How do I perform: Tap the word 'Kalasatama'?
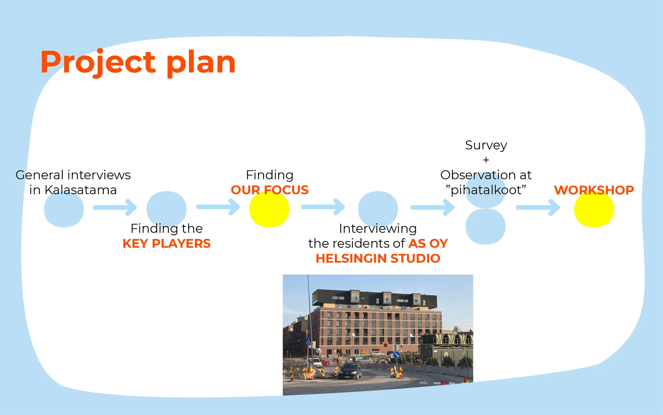click(x=81, y=190)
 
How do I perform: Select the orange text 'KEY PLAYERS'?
click(x=166, y=243)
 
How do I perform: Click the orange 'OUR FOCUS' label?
click(x=270, y=190)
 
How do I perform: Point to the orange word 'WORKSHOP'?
click(x=594, y=190)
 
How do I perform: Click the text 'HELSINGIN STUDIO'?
click(x=378, y=258)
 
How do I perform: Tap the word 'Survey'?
click(x=486, y=145)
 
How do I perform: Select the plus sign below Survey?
click(x=486, y=160)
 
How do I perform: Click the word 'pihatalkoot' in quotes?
click(x=486, y=190)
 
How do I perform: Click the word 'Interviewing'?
click(x=378, y=228)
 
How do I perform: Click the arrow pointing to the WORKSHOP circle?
click(x=538, y=208)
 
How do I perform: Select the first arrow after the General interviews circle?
click(x=115, y=208)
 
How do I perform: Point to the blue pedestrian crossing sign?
click(x=308, y=341)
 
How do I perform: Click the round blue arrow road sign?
click(x=396, y=355)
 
